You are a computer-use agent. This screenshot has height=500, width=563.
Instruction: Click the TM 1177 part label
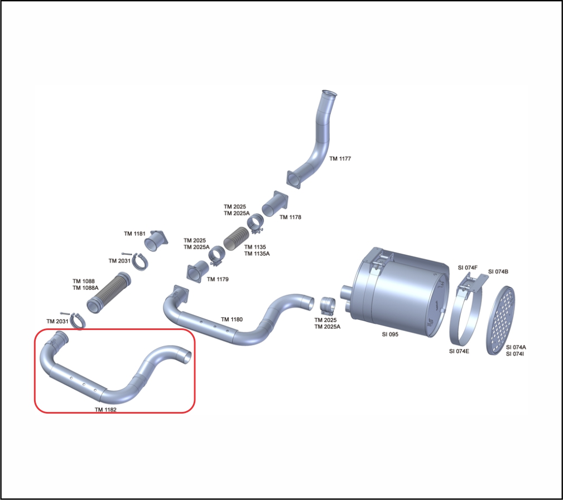point(340,158)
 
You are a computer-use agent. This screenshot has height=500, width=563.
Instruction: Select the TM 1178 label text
point(290,217)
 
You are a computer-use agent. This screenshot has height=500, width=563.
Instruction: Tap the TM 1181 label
point(134,234)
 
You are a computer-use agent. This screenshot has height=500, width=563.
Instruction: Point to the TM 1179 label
point(218,279)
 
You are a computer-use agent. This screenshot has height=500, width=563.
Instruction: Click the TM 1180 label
point(232,319)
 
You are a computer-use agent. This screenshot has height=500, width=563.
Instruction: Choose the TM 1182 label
point(105,409)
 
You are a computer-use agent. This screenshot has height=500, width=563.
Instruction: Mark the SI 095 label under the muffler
point(390,334)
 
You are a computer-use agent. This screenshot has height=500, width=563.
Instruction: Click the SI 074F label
point(468,268)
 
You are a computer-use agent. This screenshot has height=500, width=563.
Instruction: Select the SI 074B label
point(498,271)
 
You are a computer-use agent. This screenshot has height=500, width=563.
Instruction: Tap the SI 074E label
point(459,351)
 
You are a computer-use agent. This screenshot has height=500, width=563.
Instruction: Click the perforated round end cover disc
point(501,321)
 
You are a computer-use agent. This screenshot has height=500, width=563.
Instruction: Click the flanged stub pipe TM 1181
point(156,240)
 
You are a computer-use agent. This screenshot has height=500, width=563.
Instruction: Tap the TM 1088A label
point(85,288)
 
